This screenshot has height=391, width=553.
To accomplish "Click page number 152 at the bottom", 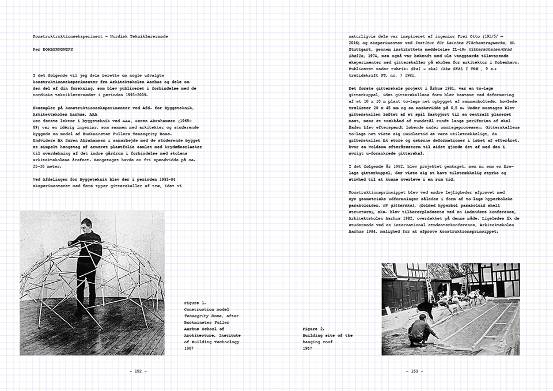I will [138, 371].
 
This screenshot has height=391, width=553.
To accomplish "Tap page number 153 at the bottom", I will [415, 371].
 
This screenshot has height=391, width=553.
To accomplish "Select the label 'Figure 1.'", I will [195, 302].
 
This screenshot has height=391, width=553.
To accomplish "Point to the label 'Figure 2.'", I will [314, 328].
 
